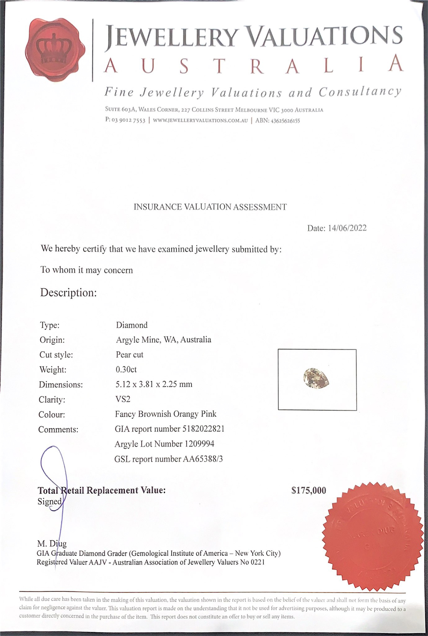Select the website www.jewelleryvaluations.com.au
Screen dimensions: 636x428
pos(200,120)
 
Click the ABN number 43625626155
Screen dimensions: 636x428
pos(285,120)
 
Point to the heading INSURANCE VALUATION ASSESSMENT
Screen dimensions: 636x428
pos(210,207)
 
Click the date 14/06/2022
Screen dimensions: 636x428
pos(347,228)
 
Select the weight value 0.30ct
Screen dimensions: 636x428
pos(126,369)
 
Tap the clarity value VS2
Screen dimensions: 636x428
pos(122,399)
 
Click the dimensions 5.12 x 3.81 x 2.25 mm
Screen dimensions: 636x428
pos(154,384)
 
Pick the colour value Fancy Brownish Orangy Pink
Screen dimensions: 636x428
pos(166,414)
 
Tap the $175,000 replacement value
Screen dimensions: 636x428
pos(309,490)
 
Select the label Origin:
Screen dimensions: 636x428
pos(52,340)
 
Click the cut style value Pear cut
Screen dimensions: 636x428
pos(129,354)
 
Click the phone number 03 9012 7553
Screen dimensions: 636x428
pos(128,120)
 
